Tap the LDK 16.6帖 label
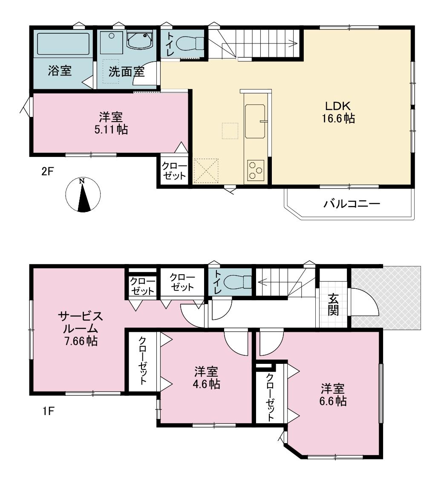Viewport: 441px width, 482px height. (x=338, y=112)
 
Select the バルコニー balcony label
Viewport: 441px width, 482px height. (x=352, y=203)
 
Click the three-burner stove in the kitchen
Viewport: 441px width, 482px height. (x=255, y=169)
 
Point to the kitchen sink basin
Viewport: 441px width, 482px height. (x=255, y=121)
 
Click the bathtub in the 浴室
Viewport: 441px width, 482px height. (x=63, y=44)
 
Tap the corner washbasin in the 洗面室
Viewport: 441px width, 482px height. (x=139, y=40)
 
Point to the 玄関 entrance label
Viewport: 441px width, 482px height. (x=333, y=304)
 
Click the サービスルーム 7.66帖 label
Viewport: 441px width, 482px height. (x=80, y=328)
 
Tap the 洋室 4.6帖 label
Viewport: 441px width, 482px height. (x=207, y=378)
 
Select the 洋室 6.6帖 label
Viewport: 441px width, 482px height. (x=333, y=395)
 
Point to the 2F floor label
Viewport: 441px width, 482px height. (x=48, y=171)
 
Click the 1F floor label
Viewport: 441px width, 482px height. (x=48, y=411)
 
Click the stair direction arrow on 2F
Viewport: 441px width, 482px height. (x=259, y=44)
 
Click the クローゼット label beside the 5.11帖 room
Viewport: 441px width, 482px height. (x=174, y=171)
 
